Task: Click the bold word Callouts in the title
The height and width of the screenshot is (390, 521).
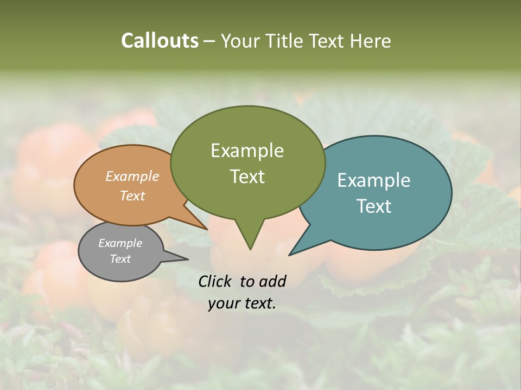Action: pos(160,41)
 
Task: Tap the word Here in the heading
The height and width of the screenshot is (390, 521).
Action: pos(371,41)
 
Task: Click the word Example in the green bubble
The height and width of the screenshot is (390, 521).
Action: pos(247,151)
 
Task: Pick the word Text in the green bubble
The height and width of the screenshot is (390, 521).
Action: pos(247,177)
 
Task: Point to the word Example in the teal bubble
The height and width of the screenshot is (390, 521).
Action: pos(374,180)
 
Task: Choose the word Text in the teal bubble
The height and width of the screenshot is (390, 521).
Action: pos(374,206)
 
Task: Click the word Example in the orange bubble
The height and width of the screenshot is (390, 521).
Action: pos(132,176)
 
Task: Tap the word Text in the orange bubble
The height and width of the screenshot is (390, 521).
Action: pos(132,196)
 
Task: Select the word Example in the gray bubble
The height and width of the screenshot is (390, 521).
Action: pos(120,243)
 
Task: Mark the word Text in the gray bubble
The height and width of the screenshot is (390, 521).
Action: pos(120,259)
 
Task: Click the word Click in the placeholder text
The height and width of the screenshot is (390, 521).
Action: pos(215,281)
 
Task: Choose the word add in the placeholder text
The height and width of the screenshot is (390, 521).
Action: pos(272,281)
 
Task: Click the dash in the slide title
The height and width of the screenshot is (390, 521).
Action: pos(209,41)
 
